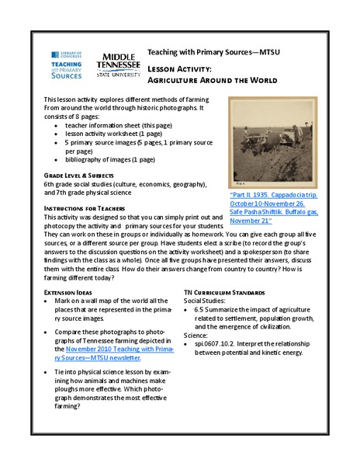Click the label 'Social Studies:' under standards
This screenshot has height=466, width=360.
[x=206, y=300]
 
